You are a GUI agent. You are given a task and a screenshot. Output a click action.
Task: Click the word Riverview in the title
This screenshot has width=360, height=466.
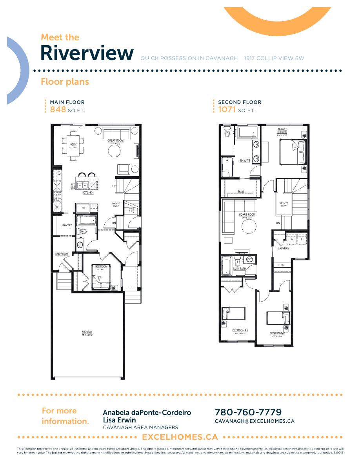pos(87,53)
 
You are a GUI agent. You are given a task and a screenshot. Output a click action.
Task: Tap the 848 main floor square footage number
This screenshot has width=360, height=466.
pos(58,109)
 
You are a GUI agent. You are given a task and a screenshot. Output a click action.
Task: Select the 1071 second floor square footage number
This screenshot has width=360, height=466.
pos(227,109)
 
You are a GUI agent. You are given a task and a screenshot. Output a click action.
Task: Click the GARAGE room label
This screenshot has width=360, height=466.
pos(87,332)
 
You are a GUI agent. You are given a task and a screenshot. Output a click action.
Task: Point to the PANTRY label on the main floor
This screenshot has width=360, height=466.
pos(67,225)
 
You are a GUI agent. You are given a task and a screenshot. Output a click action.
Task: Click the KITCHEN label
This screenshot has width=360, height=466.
pos(88,193)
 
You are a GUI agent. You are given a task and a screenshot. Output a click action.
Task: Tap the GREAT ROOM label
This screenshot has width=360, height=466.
pos(116,140)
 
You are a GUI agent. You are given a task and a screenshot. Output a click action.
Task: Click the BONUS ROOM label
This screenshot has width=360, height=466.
pos(247,215)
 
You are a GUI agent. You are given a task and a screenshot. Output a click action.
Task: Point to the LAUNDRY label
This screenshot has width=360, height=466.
pos(284,248)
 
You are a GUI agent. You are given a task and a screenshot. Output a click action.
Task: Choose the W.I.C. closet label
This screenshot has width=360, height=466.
pos(241,191)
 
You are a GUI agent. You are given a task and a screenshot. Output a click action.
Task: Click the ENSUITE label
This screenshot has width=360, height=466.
pos(245,160)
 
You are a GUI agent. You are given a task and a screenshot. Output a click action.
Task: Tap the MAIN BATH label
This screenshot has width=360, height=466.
pos(240,269)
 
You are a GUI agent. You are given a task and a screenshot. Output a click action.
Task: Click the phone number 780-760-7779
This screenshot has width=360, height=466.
pos(248,412)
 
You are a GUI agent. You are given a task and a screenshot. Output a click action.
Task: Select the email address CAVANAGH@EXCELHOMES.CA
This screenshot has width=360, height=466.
pos(255,421)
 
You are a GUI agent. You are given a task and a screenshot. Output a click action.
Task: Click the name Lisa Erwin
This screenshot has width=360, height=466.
pos(119,420)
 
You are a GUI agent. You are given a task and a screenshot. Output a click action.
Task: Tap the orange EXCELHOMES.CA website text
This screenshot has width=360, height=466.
pos(180,437)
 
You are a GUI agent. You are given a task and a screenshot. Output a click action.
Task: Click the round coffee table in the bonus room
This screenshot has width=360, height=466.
pos(249,226)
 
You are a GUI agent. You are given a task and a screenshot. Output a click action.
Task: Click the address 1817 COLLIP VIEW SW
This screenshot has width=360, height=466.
pos(274,58)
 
